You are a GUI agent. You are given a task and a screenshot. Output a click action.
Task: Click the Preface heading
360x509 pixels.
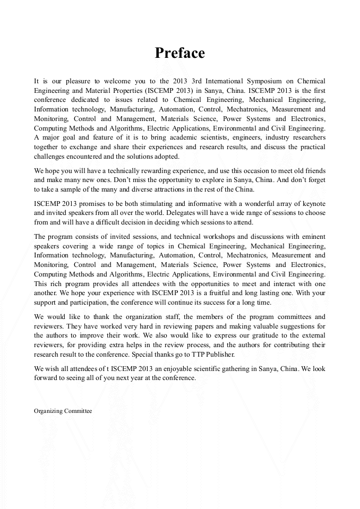point(179,53)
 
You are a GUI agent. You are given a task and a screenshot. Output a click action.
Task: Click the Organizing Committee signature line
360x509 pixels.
point(63,411)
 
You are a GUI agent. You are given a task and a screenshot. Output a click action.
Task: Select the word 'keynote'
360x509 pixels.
point(312,204)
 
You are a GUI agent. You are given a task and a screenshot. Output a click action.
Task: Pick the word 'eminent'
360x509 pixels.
point(311,236)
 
